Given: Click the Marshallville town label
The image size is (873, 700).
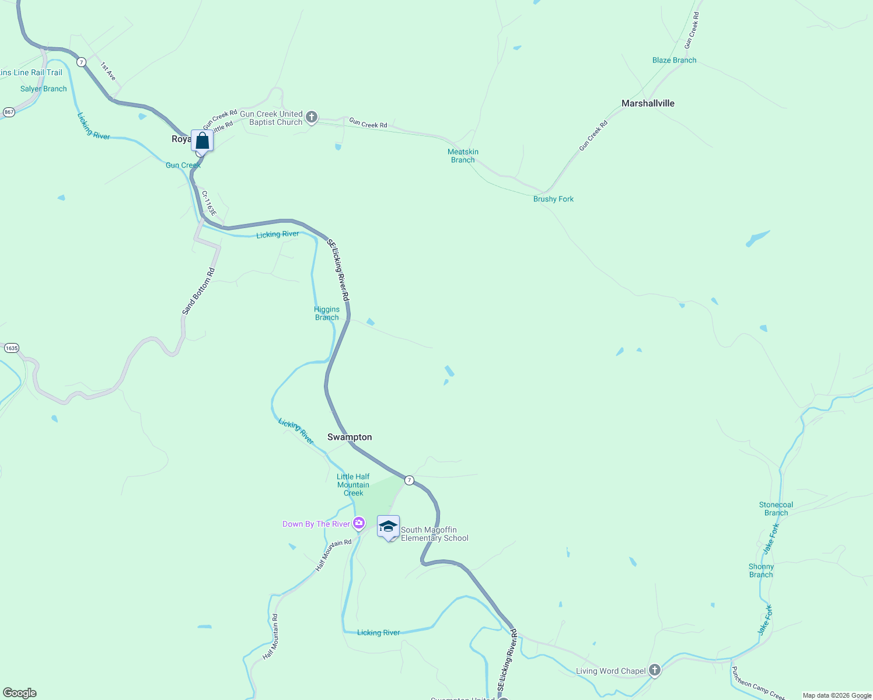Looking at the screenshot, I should coord(648,103).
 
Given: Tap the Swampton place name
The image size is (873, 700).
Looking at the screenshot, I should coord(350,437).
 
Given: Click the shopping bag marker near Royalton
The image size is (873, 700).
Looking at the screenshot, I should coord(202,141).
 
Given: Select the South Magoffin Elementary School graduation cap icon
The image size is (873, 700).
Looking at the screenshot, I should coord(388,527).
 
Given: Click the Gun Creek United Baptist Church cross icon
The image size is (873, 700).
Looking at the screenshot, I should coord(312,118).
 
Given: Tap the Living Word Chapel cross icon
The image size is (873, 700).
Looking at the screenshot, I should coord(655,670).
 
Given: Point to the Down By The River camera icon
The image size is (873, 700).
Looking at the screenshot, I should coord(359,523).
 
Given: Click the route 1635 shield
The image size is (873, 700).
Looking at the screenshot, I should coord(11,348).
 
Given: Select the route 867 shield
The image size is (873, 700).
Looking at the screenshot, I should coord(9,111).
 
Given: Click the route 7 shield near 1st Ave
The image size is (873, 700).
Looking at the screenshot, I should coord(81,62).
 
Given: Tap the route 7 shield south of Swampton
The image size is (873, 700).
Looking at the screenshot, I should coord(410,480).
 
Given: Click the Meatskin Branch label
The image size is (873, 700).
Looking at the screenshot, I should coord(463,156).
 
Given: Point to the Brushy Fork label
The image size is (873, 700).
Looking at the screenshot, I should coord(553,199).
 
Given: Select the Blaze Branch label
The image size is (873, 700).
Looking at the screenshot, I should coord(674,60).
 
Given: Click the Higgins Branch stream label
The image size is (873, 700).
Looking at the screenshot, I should coord(327,313).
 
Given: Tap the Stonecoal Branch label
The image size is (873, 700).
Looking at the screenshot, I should coord(776,509).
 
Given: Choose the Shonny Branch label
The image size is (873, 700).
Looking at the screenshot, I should coord(761,570).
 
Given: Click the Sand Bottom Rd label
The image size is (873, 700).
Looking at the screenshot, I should coord(198,291).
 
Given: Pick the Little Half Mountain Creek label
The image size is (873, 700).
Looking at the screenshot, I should coord(353,485).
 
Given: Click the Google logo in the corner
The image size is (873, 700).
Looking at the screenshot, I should coord(20,693).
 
